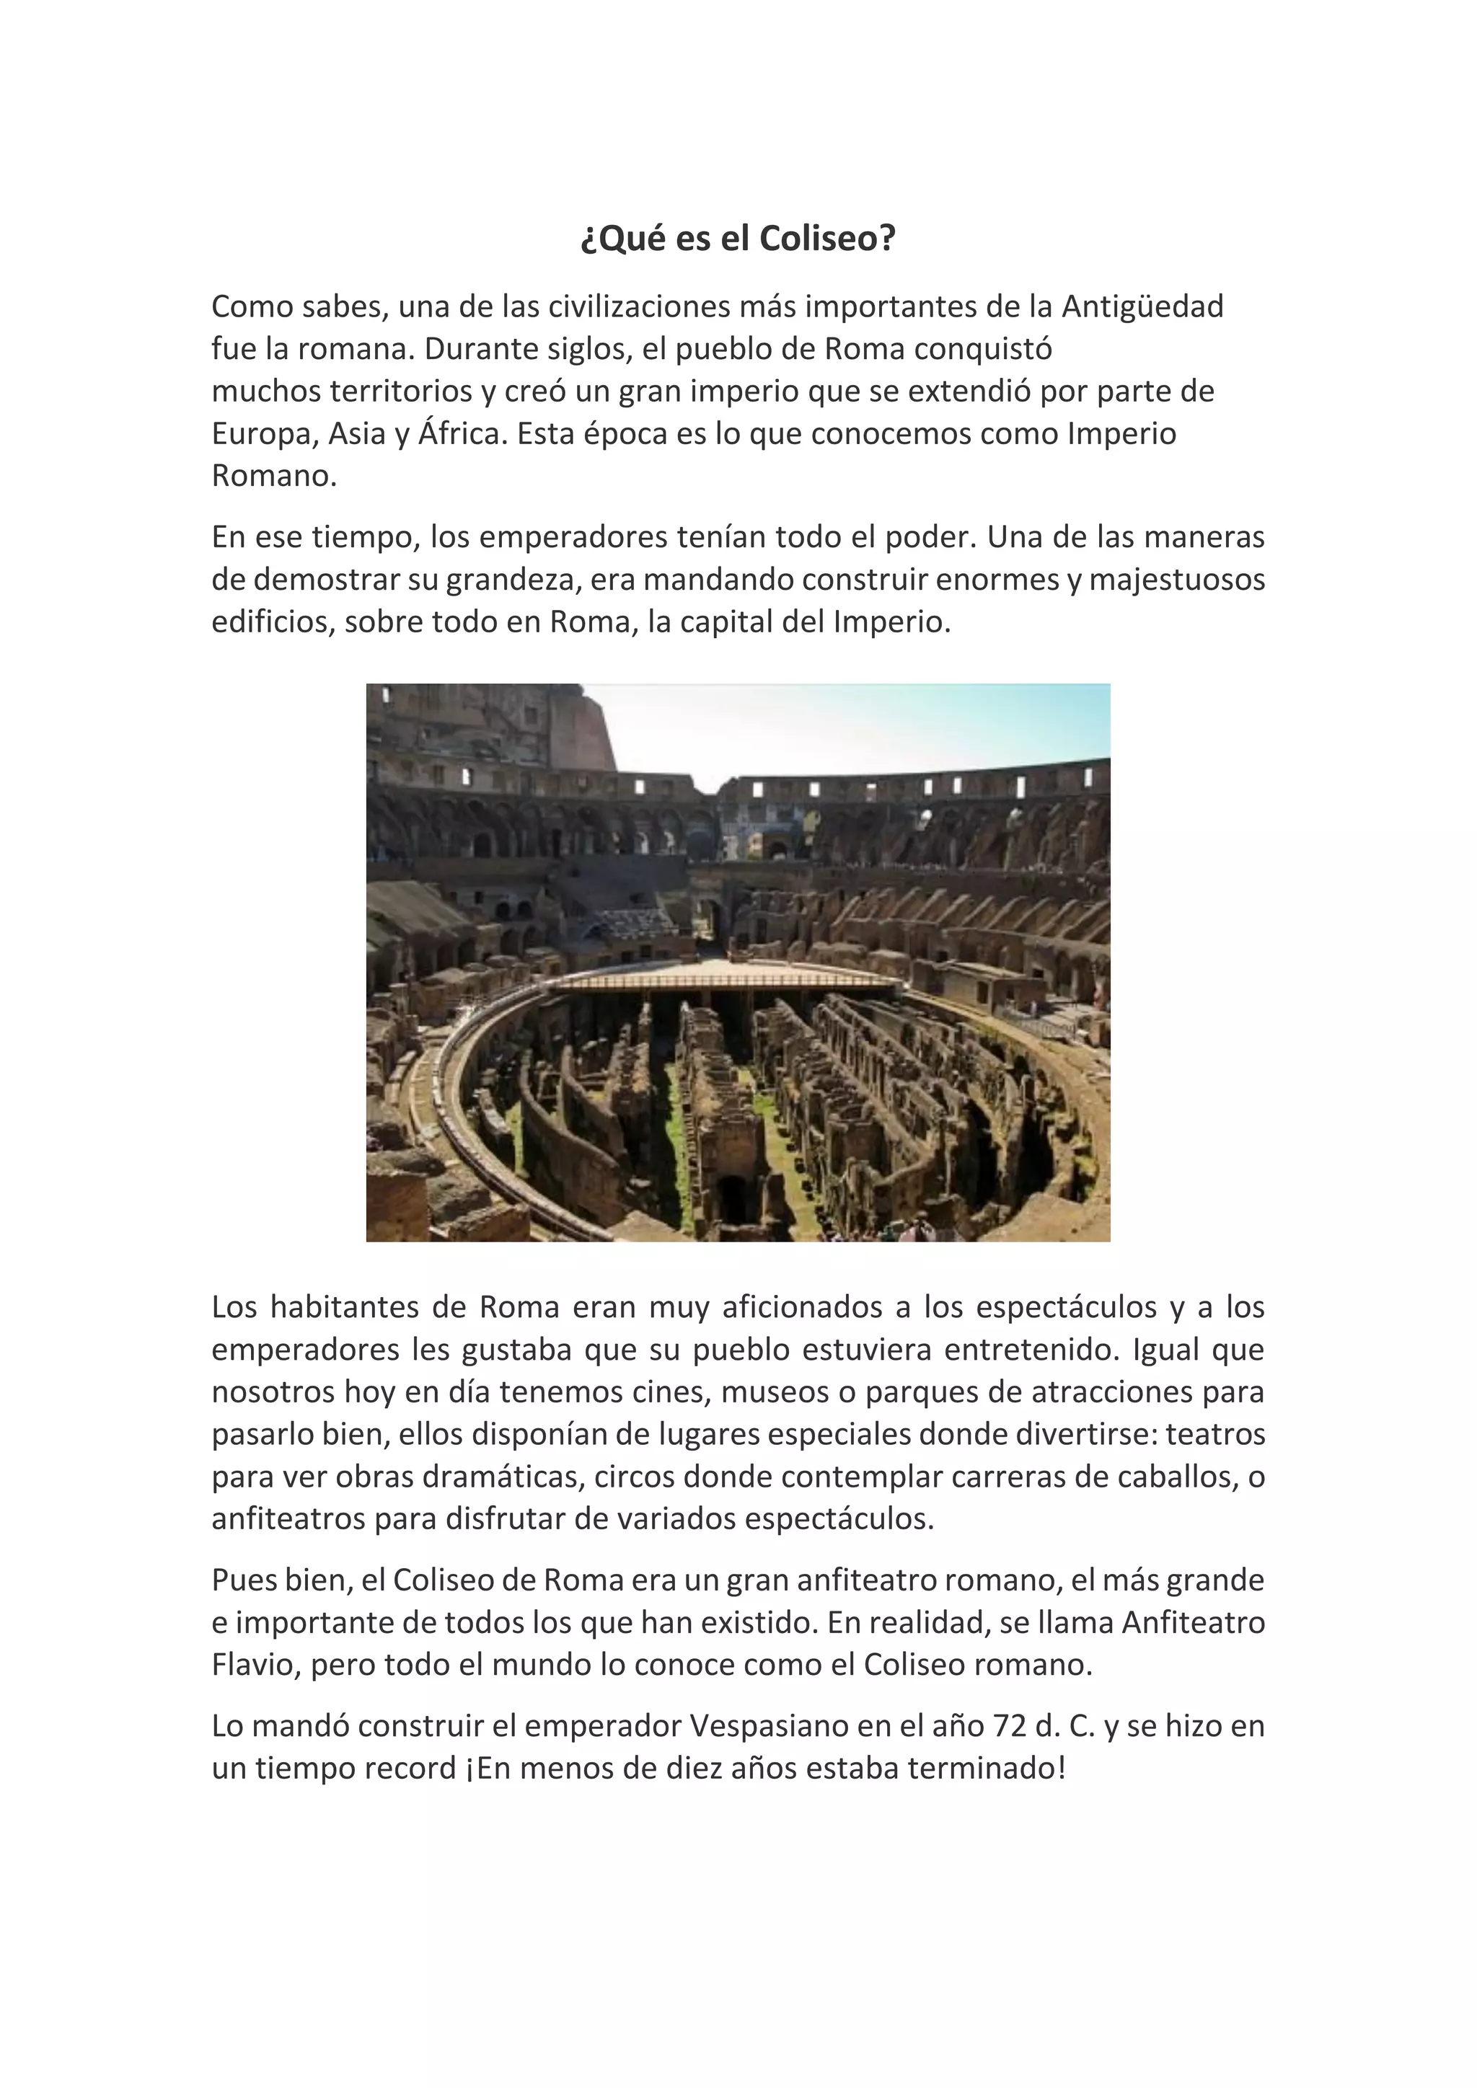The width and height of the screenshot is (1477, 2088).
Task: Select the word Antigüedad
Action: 1142,306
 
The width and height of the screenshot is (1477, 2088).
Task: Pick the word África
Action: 460,434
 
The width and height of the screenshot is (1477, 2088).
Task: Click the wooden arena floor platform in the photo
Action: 728,978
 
